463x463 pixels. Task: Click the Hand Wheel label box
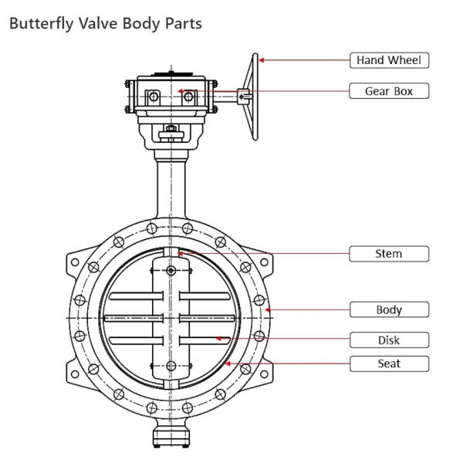(389, 59)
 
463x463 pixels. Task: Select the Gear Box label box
(389, 91)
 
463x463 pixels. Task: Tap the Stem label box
(389, 253)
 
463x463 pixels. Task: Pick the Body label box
(389, 310)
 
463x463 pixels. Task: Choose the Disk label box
(389, 340)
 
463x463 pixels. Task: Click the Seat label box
(389, 363)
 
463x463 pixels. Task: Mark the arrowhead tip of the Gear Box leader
(180, 91)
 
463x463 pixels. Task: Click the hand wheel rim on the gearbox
(254, 96)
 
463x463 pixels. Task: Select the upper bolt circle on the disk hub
(170, 269)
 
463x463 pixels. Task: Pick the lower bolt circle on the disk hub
(170, 367)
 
